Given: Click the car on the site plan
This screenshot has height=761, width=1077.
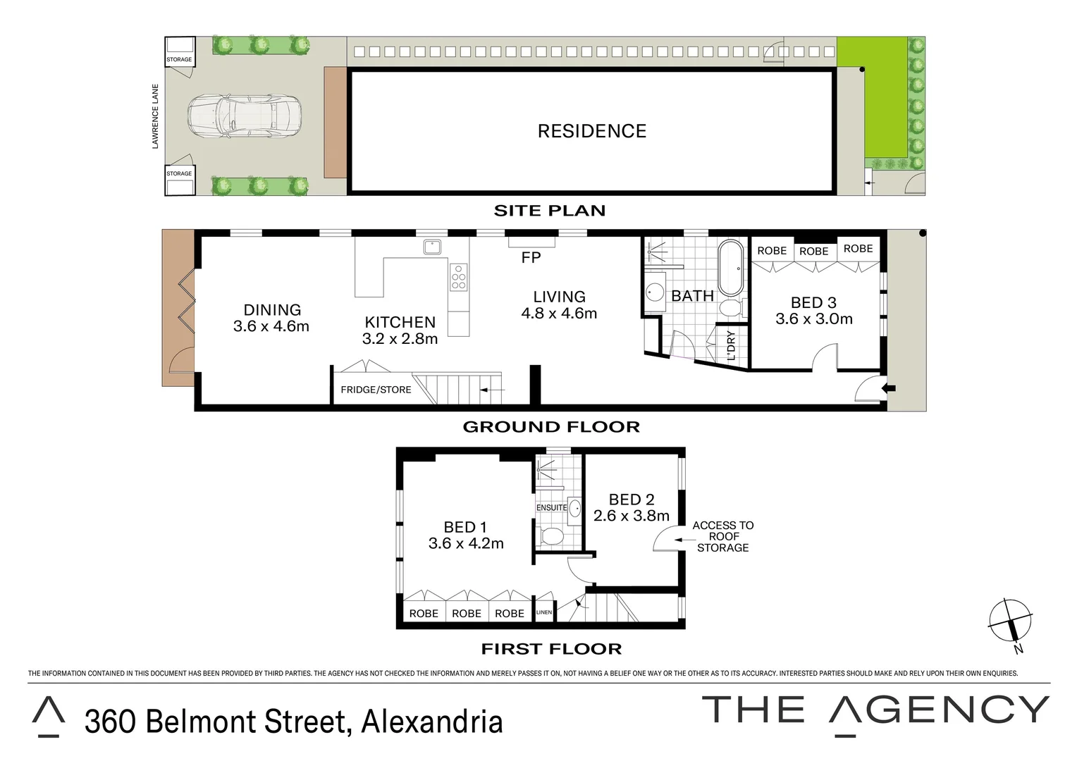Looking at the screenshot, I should click(x=245, y=116).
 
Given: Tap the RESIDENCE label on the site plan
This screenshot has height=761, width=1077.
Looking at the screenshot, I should click(x=591, y=131).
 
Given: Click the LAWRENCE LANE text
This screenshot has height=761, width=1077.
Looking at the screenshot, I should click(x=155, y=116).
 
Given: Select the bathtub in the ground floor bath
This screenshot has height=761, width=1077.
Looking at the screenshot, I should click(x=731, y=268).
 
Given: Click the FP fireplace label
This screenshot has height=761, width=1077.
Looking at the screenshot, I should click(x=531, y=258).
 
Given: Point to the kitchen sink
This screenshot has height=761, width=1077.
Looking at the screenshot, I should click(x=432, y=247).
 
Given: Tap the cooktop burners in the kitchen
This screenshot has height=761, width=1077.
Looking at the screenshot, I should click(x=458, y=277).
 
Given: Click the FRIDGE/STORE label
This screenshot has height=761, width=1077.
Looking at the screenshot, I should click(x=376, y=390).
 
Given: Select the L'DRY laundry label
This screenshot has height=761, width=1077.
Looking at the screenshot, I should click(x=731, y=346).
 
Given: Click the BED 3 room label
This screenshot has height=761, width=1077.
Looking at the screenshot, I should click(x=813, y=302).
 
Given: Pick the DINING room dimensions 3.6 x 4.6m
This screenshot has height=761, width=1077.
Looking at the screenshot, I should click(x=271, y=326).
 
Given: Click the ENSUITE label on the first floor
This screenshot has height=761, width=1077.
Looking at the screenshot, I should click(x=551, y=507).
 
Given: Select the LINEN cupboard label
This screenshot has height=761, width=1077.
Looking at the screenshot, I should click(x=544, y=612).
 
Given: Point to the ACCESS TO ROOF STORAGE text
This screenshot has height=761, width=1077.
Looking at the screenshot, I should click(x=722, y=536).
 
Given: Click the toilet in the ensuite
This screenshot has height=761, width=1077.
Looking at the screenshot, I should click(x=550, y=537).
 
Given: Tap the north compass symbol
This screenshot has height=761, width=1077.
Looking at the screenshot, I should click(x=1010, y=621).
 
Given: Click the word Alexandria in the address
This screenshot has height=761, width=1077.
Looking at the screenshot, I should click(x=432, y=722).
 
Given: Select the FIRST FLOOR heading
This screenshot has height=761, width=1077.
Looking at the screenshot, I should click(x=551, y=649).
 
